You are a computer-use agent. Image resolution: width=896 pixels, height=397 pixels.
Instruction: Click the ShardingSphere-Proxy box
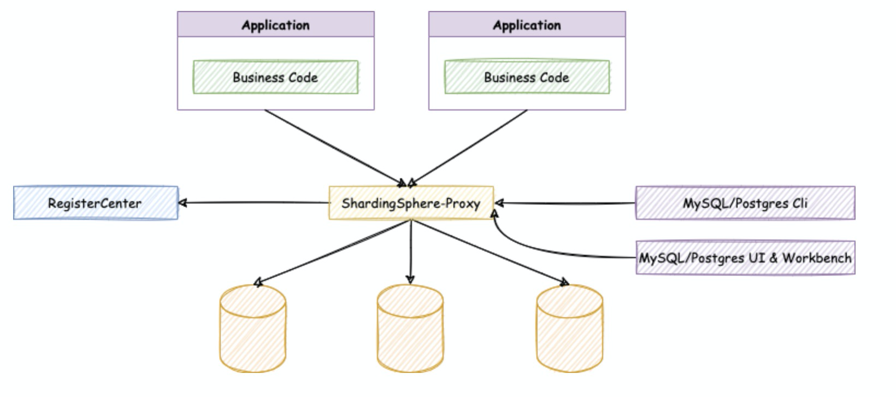point(411,203)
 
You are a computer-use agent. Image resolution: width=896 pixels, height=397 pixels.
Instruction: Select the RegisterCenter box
point(96,203)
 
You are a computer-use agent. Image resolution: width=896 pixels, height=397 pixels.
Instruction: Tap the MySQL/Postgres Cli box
point(745,203)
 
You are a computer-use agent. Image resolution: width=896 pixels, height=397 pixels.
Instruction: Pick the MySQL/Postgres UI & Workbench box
point(745,258)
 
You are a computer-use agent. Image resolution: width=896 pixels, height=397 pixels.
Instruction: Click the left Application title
point(275,25)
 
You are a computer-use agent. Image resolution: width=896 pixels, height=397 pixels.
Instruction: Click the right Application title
point(527,25)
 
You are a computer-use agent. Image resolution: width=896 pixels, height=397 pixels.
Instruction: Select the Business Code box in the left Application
point(275,78)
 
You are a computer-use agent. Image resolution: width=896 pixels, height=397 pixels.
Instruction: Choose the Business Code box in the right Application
point(527,78)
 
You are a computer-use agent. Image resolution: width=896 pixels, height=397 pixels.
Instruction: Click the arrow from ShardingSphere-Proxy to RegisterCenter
point(254,203)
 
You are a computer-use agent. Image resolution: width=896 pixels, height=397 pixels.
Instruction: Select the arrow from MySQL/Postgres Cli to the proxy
point(565,203)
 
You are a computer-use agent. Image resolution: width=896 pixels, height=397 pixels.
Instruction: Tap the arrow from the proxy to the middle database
point(411,252)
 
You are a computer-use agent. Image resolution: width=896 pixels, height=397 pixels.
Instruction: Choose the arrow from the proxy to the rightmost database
point(489,252)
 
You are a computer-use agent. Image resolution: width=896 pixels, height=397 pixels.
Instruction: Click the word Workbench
point(817,258)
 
